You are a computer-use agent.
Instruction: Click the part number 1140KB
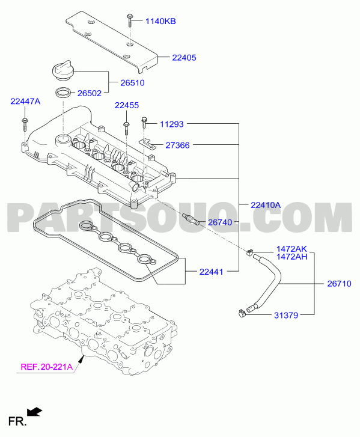point(160,21)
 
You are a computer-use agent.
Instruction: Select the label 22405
point(184,58)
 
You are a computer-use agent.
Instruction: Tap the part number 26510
point(132,83)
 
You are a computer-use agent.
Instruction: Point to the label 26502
point(90,93)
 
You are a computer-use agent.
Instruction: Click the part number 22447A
point(25,102)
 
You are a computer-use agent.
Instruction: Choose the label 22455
point(127,105)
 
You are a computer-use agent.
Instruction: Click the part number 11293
point(172,124)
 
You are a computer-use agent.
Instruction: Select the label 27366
point(177,145)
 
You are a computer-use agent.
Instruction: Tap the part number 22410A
point(266,205)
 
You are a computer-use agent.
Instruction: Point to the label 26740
point(220,222)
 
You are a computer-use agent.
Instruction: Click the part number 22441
point(211,272)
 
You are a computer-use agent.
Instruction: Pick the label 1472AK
point(291,249)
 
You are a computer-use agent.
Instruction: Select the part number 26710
point(339,284)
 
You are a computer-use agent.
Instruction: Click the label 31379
point(286,316)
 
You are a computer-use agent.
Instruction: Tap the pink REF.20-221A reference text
point(46,367)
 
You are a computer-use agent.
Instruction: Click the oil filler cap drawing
point(64,70)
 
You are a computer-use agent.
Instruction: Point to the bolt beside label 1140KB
point(130,20)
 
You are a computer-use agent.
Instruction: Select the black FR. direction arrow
point(34,412)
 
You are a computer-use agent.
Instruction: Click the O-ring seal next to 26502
point(64,93)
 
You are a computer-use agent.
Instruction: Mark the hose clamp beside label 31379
point(242,313)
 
